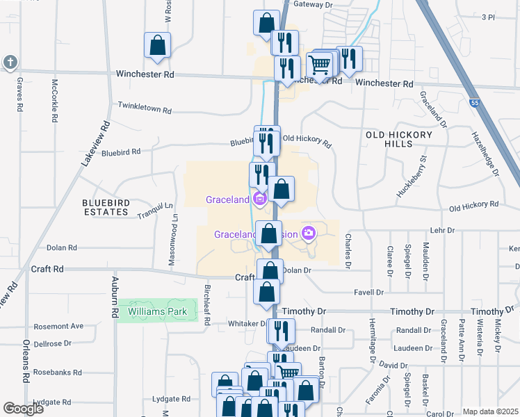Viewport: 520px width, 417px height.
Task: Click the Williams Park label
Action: coord(158,312)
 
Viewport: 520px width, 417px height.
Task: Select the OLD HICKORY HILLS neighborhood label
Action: coord(398,139)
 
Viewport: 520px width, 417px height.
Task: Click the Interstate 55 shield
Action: coord(474,102)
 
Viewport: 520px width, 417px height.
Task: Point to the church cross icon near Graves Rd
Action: coord(10,63)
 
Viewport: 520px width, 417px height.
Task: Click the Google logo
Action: coord(24,409)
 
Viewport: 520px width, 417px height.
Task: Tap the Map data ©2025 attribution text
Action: coord(490,411)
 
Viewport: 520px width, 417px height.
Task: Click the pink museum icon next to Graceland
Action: coord(261,199)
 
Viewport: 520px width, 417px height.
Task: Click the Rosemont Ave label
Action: coord(58,326)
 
